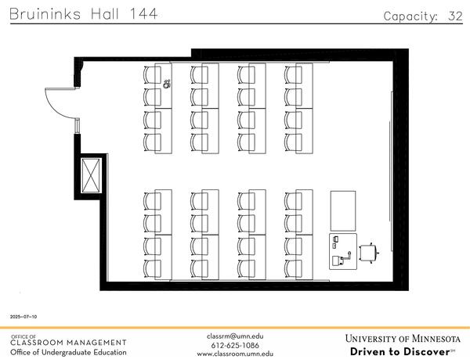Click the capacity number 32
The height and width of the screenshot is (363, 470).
coord(455,16)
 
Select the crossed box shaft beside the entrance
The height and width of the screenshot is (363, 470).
coord(92,174)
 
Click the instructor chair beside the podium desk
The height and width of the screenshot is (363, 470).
coord(367,252)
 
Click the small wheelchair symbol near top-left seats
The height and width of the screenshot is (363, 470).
coord(168,85)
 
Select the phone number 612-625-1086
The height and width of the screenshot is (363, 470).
coord(236,345)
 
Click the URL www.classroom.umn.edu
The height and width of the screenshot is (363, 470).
coord(236,354)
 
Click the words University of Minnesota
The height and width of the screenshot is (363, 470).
coord(403,339)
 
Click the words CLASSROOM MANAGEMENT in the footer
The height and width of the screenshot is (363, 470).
coord(68,343)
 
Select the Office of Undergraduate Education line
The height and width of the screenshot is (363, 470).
coord(68,352)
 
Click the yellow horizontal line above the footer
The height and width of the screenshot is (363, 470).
coord(235,328)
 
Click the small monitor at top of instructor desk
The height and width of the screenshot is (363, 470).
coord(336,237)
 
